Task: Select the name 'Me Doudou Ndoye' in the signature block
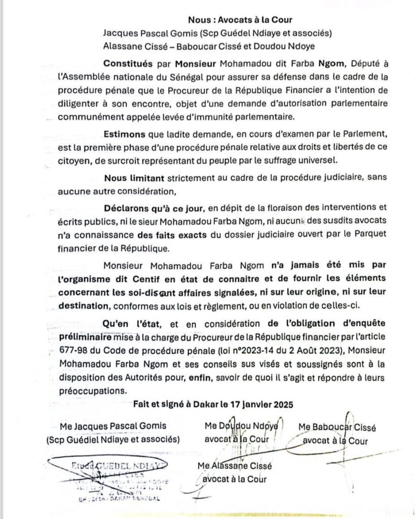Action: point(241,427)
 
